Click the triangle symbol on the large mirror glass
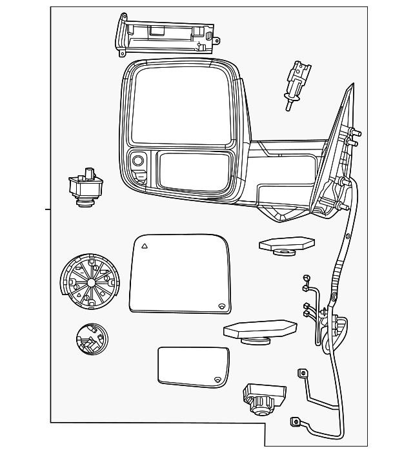(145, 246)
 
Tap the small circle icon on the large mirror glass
(221, 305)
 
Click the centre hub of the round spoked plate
(90, 282)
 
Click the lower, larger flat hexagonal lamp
(259, 331)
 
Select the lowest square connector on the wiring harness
(296, 423)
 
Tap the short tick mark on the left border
(47, 209)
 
